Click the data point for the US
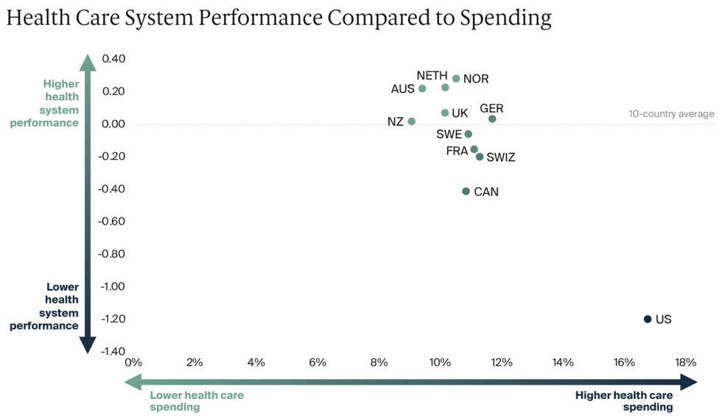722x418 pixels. coord(648,319)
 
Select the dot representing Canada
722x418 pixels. coord(466,192)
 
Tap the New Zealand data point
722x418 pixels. coord(412,122)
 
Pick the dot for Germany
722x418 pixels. coord(492,119)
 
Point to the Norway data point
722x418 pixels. coord(456,79)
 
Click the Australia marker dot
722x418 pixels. coord(422,88)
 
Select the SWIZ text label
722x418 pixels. coord(501,158)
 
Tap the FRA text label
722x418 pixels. coord(457,151)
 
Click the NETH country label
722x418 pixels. coord(432,75)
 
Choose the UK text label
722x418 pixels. coord(460,114)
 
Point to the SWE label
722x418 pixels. coord(449,134)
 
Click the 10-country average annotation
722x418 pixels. coord(671,114)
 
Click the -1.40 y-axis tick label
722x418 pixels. coord(111,351)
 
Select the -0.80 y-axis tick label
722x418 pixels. coord(111,254)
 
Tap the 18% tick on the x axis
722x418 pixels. coord(685,363)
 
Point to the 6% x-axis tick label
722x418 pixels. coord(317,363)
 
